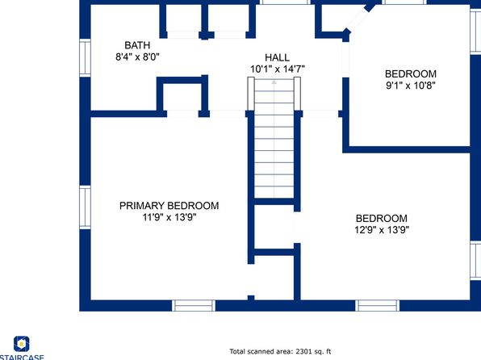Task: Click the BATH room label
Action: [137, 45]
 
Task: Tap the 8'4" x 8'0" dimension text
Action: [137, 57]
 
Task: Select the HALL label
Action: [277, 57]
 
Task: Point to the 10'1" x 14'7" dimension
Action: [278, 69]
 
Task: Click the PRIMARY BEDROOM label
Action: [169, 205]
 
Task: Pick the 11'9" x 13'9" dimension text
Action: [169, 217]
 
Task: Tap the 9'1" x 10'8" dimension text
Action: [411, 86]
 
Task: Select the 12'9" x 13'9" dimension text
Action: [382, 229]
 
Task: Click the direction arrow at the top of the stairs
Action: [274, 82]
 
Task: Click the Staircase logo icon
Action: [22, 344]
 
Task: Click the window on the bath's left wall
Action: [85, 57]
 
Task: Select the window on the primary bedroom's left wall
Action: [85, 207]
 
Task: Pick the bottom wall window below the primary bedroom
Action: [194, 306]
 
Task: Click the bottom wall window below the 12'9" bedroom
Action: [378, 306]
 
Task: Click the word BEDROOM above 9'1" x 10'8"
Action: [411, 73]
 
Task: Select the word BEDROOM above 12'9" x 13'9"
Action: [382, 218]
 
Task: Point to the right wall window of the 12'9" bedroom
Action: [475, 261]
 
